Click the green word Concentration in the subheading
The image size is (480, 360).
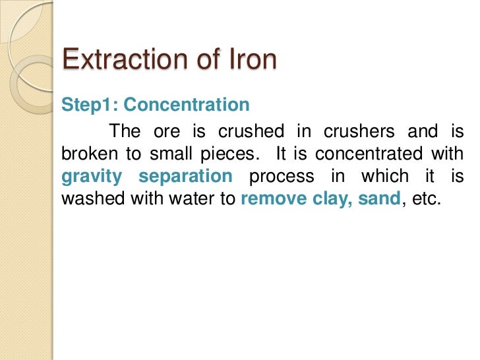click(187, 105)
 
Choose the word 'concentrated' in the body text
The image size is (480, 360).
click(370, 155)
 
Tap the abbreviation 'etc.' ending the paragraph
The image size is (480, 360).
click(425, 200)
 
